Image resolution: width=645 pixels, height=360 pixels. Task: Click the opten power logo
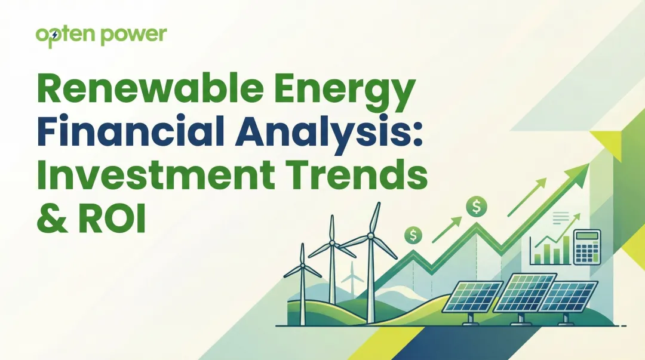point(101,36)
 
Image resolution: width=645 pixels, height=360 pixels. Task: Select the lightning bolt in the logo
point(56,35)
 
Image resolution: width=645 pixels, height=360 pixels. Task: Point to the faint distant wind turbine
point(352,275)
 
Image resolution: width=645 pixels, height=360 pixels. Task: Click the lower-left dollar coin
point(413,235)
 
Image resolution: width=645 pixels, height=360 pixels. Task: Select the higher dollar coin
point(477,207)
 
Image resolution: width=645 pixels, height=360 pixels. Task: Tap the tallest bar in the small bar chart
point(565,247)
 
